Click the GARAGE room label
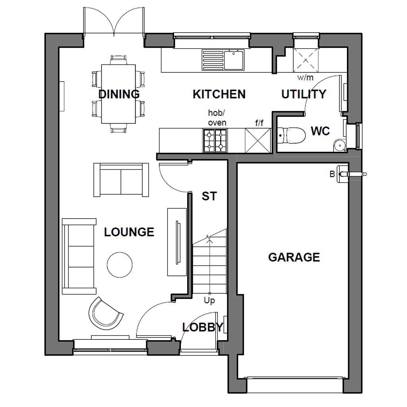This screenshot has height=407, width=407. [294, 257]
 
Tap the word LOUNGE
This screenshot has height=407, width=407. [129, 232]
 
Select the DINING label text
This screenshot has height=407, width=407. [119, 94]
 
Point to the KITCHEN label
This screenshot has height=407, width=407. [219, 94]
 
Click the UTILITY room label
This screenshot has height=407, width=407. [304, 94]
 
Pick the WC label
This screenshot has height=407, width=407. [320, 131]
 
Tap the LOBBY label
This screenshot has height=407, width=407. [202, 328]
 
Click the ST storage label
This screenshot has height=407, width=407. [209, 196]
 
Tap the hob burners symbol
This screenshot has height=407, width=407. [215, 141]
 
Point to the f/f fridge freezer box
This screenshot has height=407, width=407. [258, 140]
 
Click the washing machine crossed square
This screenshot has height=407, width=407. [306, 60]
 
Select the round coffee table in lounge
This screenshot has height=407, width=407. [120, 265]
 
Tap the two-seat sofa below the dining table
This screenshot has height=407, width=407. [121, 180]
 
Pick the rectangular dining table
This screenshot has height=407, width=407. [118, 94]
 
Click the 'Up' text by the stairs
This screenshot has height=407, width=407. [209, 300]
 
